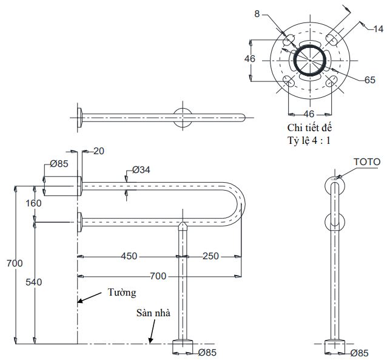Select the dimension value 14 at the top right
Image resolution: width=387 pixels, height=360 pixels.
(x=377, y=29)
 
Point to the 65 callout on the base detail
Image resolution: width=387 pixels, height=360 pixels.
(x=369, y=80)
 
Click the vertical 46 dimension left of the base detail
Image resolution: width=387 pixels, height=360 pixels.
(x=250, y=59)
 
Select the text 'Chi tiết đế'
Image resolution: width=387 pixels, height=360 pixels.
(x=310, y=128)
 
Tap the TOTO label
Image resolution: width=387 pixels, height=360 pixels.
(x=367, y=161)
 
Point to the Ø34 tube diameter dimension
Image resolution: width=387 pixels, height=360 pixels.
(x=141, y=169)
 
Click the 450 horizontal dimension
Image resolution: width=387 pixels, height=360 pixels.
(x=129, y=256)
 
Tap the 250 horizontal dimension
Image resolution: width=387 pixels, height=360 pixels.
(x=210, y=256)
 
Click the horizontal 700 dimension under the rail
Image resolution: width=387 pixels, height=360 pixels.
(x=158, y=276)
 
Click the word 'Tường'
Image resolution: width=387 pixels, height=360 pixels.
(x=121, y=293)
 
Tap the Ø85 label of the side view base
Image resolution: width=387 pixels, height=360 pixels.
(x=359, y=353)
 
